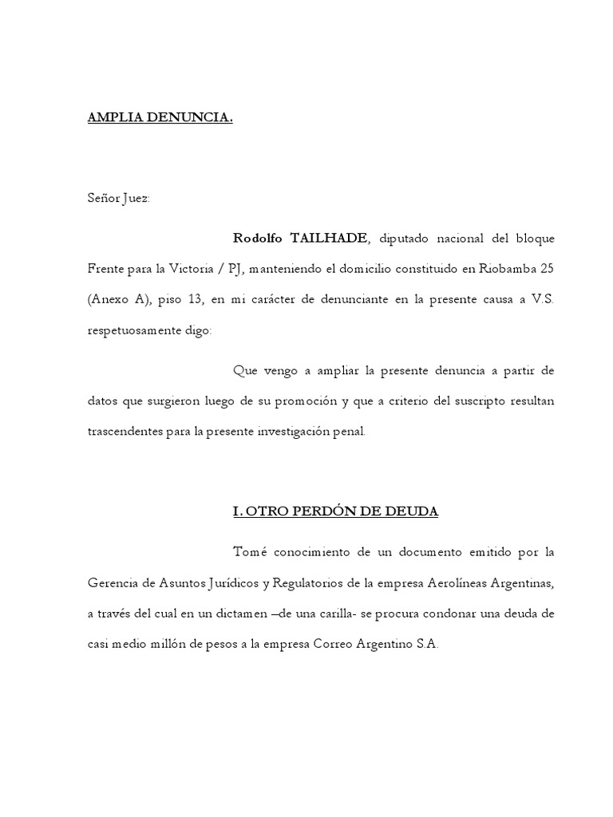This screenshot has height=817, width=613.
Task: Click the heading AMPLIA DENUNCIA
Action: (x=160, y=119)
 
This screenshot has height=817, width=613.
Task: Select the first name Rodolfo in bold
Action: (x=259, y=238)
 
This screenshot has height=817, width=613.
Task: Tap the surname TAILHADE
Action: (x=330, y=238)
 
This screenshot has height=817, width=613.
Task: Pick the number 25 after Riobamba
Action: (x=544, y=269)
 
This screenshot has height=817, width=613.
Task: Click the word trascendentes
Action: (x=125, y=432)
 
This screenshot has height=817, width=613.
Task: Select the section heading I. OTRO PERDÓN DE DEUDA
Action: (x=335, y=511)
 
